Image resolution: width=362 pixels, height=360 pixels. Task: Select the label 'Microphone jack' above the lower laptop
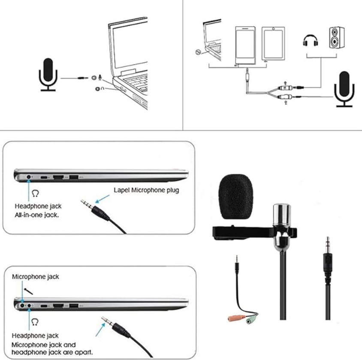pyautogui.click(x=36, y=277)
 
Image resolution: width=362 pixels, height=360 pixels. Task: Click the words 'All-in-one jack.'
pyautogui.click(x=37, y=214)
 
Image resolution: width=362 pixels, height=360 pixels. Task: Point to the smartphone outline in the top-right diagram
pyautogui.click(x=245, y=45)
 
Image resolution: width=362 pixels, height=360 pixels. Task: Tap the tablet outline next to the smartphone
pyautogui.click(x=271, y=45)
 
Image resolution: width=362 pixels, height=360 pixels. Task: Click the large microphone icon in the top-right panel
pyautogui.click(x=344, y=88)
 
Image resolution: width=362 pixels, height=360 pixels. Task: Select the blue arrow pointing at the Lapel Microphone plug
pyautogui.click(x=102, y=198)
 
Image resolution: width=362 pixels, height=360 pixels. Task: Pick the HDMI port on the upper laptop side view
pyautogui.click(x=58, y=177)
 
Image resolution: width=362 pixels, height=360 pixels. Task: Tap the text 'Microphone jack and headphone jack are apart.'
pyautogui.click(x=52, y=348)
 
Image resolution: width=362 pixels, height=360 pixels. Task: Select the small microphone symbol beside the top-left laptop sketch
pyautogui.click(x=100, y=78)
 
